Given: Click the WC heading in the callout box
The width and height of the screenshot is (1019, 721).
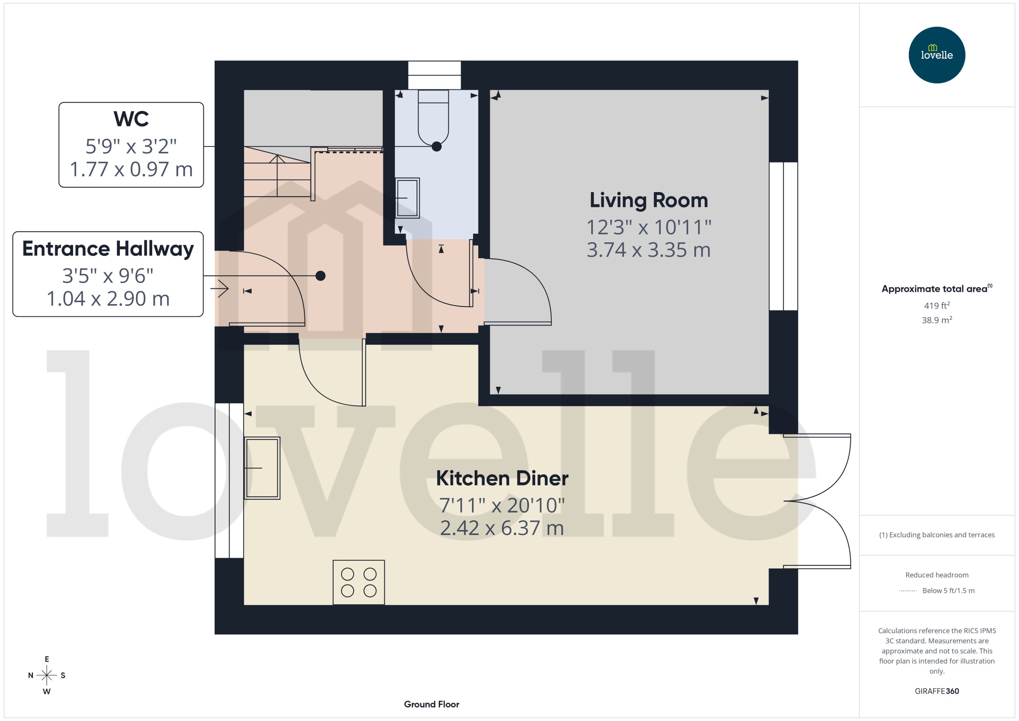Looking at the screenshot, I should [131, 119].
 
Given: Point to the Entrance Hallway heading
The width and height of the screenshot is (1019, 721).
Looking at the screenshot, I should [108, 249].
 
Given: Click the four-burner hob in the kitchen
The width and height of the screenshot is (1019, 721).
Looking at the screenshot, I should [358, 582].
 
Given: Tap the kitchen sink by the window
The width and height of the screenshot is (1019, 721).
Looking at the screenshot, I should [262, 468].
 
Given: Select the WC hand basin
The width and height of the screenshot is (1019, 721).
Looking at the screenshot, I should [407, 198].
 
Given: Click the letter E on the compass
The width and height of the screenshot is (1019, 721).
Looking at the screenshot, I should [47, 659].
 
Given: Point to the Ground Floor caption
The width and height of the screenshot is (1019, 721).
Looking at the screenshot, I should [431, 704].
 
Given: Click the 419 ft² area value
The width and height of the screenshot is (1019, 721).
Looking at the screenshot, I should [936, 305].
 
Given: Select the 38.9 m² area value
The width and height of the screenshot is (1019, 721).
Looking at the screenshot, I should [936, 320].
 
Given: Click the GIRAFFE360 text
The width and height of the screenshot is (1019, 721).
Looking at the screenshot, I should [936, 691].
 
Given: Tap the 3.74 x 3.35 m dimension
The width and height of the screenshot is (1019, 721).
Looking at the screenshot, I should [648, 250].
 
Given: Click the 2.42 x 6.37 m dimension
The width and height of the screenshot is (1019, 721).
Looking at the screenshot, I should [502, 528].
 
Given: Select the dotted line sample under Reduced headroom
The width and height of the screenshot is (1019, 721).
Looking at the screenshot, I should [907, 591].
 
